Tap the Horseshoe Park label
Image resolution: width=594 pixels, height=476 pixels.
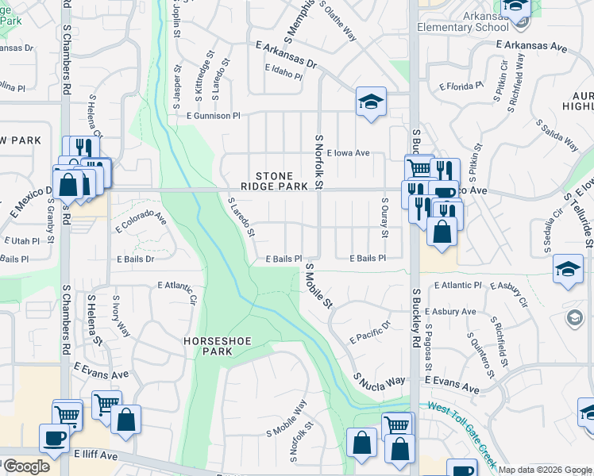[214, 346]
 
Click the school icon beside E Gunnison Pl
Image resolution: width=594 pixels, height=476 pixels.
[371, 102]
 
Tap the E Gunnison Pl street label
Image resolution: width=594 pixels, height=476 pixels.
[213, 116]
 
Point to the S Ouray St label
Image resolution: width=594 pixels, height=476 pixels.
[384, 217]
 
